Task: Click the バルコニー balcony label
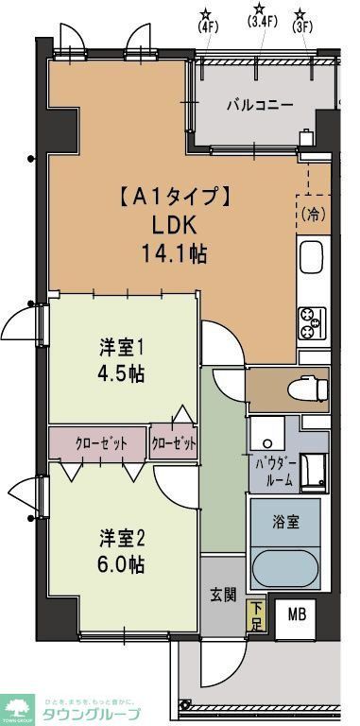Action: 258,104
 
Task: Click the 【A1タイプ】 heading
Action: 173,198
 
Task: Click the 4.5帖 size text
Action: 123,372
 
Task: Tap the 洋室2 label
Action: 123,539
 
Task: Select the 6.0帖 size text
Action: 123,564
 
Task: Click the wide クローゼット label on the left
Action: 98,442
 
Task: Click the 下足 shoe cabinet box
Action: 255,615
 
